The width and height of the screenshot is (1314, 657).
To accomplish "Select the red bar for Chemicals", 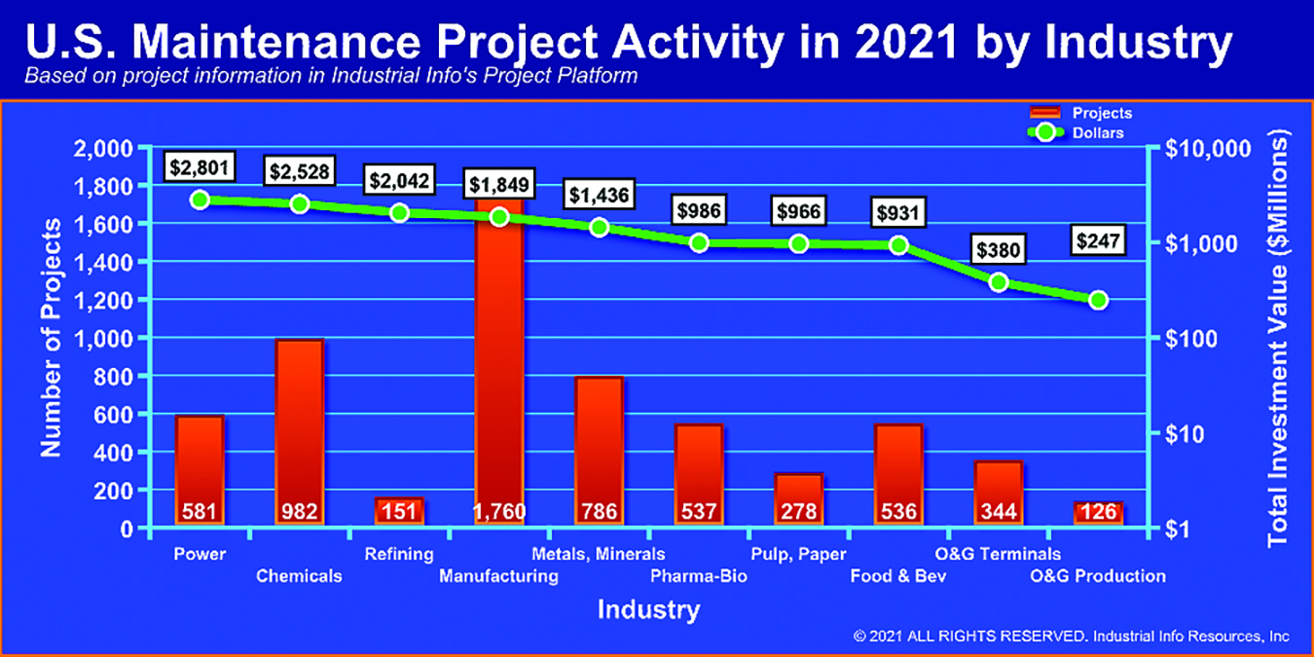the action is coord(299,431).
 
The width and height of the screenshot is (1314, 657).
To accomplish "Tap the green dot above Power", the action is coord(200,201).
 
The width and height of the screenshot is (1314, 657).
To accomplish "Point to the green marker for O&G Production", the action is coord(1098,301).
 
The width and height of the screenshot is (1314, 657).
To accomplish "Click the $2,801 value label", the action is coord(200,167).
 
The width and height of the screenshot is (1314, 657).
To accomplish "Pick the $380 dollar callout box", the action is coord(998,250).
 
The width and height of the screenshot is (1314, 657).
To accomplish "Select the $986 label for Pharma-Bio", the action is coord(699,210).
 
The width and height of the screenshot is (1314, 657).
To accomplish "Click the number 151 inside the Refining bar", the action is coord(399,512).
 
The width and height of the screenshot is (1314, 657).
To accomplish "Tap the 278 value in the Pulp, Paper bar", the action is coord(798,512).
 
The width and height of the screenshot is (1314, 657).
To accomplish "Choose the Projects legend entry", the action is coord(1081,113).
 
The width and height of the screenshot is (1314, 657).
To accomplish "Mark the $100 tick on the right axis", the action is coord(1190,339).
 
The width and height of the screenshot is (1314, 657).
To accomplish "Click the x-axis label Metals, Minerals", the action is coord(599,554).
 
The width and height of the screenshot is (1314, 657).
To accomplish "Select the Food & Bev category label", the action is coord(898,576).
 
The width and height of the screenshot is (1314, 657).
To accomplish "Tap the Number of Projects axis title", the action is coord(51,338).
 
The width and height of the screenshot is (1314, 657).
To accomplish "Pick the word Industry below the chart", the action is coord(649,609).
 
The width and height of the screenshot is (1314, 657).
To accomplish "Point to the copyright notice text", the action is coord(1071,637).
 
